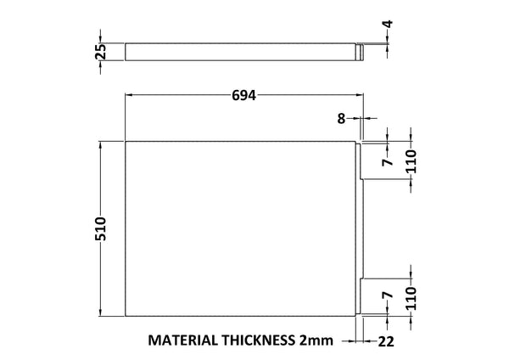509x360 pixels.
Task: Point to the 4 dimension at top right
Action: (388, 26)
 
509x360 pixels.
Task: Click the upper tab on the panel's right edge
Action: (361, 160)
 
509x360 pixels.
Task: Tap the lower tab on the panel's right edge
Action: (361, 297)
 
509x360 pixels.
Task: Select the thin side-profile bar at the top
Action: (242, 53)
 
